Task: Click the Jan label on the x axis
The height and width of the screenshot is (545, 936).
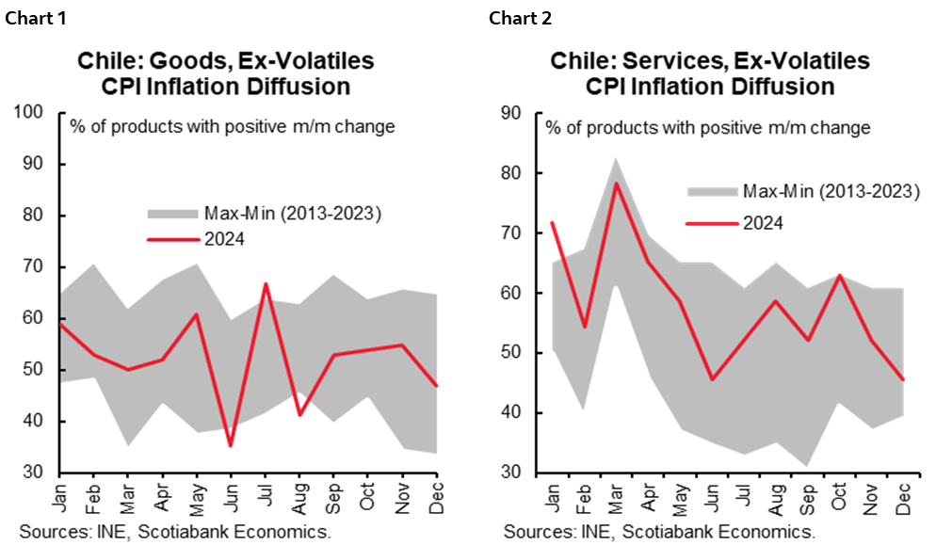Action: pyautogui.click(x=60, y=496)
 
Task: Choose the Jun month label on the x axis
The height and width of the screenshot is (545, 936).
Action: pyautogui.click(x=232, y=496)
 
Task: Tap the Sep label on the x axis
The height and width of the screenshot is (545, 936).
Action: pyautogui.click(x=334, y=496)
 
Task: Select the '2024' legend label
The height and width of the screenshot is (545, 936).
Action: pyautogui.click(x=226, y=239)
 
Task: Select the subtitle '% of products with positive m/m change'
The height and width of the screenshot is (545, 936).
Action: pyautogui.click(x=232, y=126)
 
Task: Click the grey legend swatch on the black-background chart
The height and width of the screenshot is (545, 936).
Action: pyautogui.click(x=712, y=192)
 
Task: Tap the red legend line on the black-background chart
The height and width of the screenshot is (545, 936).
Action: pyautogui.click(x=712, y=224)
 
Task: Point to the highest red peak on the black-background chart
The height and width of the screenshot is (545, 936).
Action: pyautogui.click(x=616, y=183)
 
